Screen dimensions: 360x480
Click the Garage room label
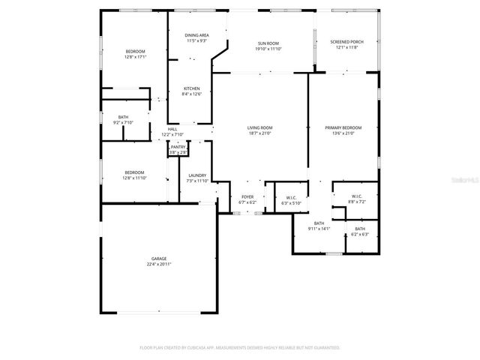coord(158,259)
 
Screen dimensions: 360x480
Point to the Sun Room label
coord(271,42)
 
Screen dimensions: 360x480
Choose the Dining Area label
coord(196,35)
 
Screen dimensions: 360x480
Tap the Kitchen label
coord(191,88)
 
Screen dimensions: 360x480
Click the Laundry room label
coord(197,175)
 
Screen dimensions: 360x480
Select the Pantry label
coord(177,147)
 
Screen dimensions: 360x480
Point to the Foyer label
coord(247,196)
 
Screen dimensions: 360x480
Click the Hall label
coord(172,129)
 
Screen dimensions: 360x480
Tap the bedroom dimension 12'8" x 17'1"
coord(136,56)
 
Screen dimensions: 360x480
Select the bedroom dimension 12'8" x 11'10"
coord(134,178)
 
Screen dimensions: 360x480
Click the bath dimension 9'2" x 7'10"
coord(123,122)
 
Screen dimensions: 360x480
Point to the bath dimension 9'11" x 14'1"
coord(319,229)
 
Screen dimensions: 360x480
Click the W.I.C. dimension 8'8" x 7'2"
coord(357,202)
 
